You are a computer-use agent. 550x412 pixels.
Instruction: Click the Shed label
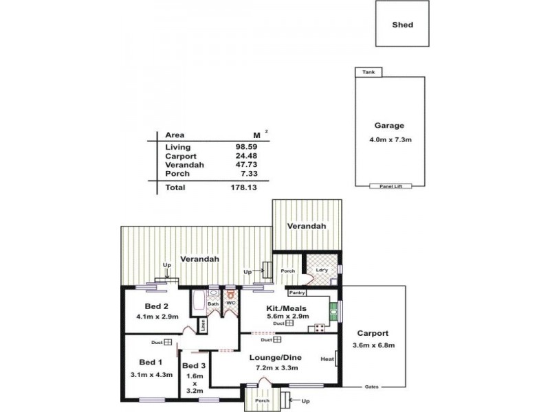402,25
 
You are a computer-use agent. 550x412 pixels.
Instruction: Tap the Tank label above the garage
368,72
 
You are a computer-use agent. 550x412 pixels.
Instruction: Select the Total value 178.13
244,187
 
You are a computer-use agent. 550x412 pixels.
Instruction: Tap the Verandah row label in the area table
183,165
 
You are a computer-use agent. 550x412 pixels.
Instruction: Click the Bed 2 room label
157,306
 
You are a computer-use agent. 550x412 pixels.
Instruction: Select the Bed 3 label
195,365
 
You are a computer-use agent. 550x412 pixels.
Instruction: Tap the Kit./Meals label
286,308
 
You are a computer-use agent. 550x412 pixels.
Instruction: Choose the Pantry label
297,293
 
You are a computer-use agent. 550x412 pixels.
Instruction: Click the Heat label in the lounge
327,358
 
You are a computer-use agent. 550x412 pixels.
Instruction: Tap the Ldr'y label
321,270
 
